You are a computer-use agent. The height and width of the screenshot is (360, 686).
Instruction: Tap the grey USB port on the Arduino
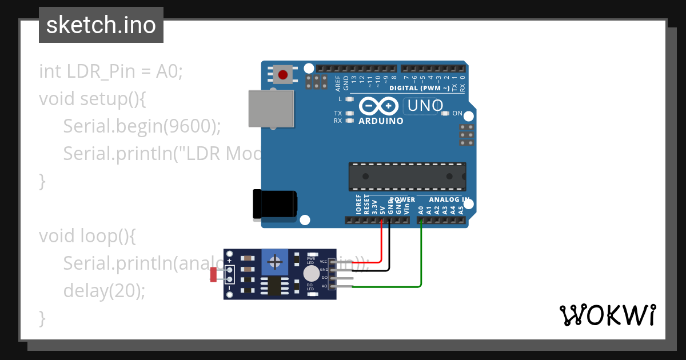coord(272,109)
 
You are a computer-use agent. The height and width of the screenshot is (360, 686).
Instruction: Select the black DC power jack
coord(276,204)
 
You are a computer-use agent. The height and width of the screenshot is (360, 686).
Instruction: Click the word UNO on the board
coord(424,106)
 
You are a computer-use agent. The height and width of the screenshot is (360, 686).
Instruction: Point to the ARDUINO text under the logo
coord(381,121)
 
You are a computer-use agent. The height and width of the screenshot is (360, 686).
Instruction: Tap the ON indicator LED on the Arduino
coord(446,113)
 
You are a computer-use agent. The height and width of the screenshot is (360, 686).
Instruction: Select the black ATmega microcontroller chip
coord(408,177)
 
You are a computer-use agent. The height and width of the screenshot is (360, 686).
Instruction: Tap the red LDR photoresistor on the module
coord(213,275)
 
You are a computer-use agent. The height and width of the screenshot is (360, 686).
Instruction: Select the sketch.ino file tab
coord(101,25)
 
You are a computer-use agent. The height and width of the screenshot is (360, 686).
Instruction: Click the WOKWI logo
coord(607,315)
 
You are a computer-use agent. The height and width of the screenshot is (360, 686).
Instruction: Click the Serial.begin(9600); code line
coord(142,126)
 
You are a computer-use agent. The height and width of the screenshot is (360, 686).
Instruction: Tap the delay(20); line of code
coord(104,291)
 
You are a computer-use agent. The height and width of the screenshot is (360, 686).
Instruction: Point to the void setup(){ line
coord(93,98)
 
